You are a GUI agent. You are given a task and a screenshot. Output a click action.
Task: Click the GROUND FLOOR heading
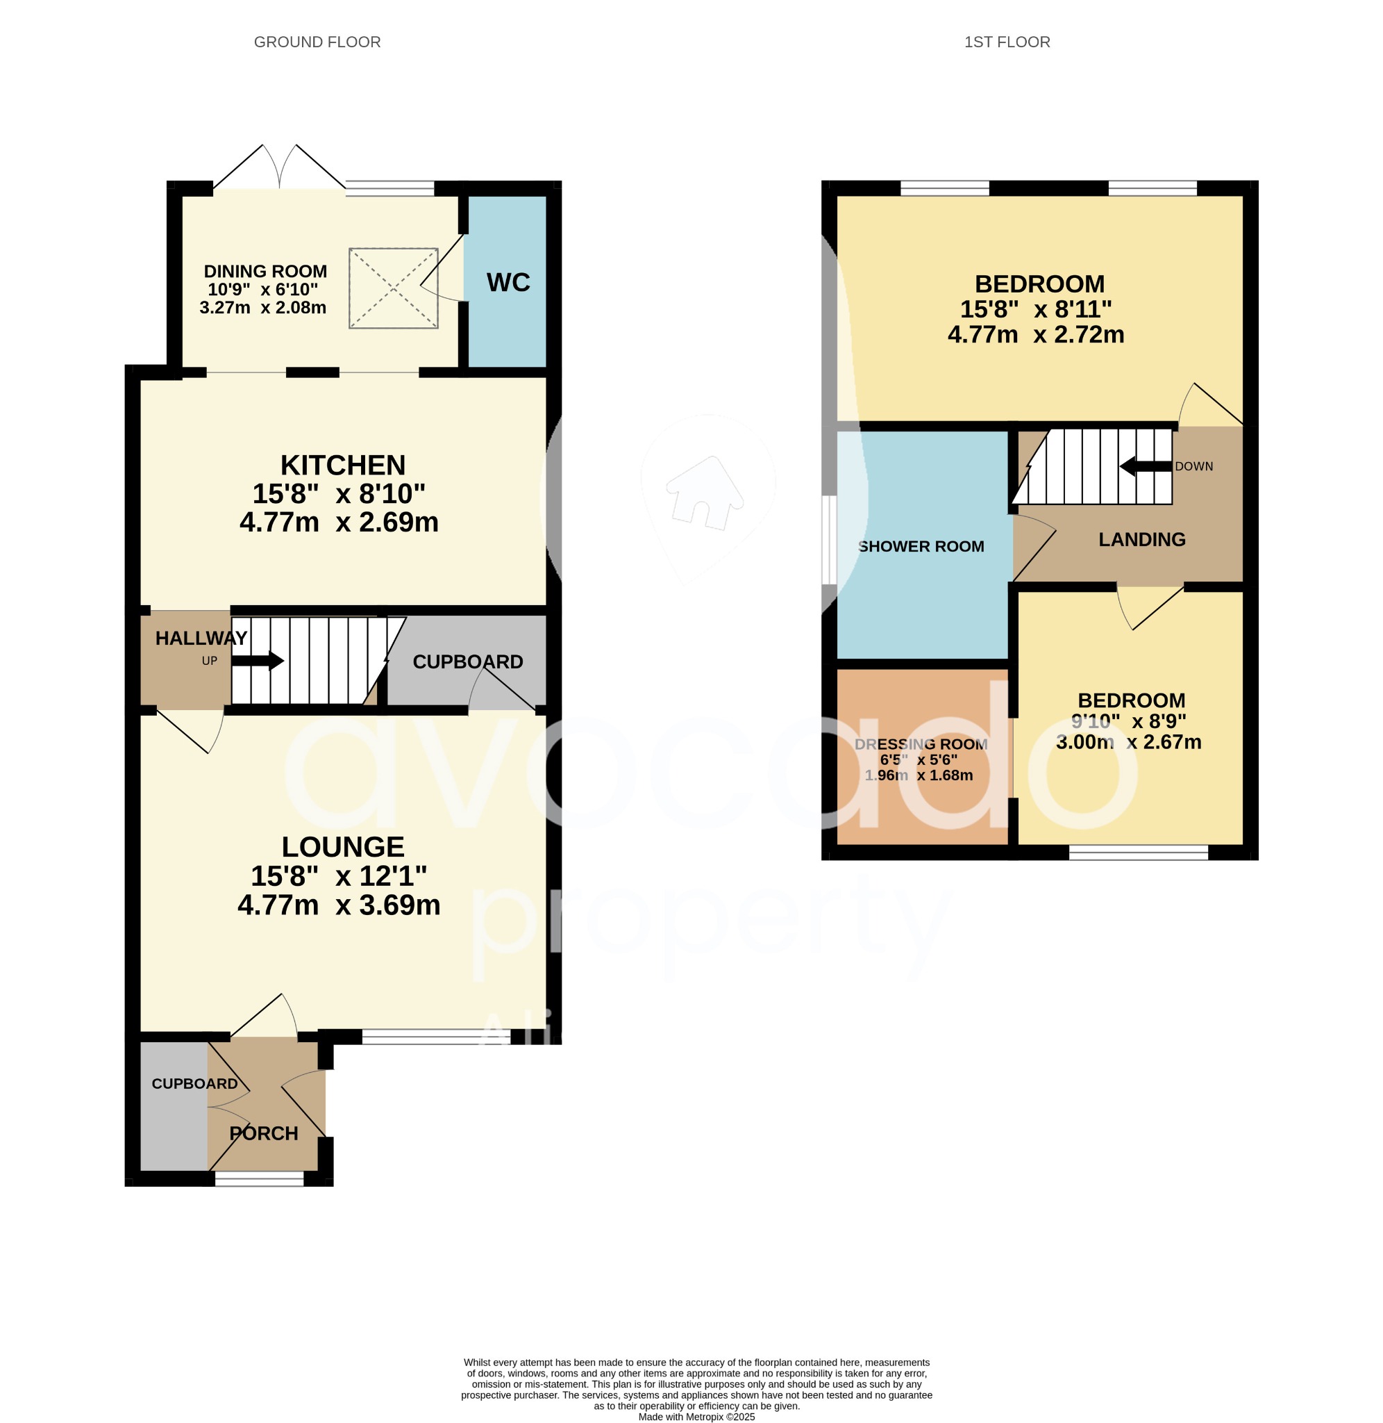coord(317,42)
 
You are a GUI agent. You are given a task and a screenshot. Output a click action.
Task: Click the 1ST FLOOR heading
coord(1006,42)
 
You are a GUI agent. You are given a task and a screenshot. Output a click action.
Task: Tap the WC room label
coord(508,282)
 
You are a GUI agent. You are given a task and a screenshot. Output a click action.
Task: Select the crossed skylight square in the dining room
coord(393,288)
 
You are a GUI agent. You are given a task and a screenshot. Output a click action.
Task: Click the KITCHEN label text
coord(343,465)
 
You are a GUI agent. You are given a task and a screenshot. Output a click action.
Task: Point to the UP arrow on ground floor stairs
coord(257,661)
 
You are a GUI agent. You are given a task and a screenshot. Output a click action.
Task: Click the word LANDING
coord(1141,539)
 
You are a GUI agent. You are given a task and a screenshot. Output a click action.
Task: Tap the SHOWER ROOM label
coord(921,546)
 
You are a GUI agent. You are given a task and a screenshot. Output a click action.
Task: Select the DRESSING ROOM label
coord(921,744)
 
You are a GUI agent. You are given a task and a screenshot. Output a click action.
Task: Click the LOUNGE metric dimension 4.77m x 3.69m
coord(340,905)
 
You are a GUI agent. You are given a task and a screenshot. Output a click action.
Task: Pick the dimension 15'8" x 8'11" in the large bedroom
coord(1035,309)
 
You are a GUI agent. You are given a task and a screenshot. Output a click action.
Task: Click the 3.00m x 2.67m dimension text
coord(1128,742)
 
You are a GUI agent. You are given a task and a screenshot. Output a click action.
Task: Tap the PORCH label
coord(264,1133)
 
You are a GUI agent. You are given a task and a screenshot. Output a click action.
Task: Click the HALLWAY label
coord(201,638)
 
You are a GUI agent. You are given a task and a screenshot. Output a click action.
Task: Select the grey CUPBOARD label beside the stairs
coord(467,661)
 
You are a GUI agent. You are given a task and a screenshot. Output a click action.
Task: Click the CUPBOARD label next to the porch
coord(194,1084)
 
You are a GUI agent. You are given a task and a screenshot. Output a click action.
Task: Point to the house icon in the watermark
coord(705,493)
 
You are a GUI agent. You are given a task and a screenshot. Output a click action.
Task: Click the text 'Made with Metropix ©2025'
coord(696,1417)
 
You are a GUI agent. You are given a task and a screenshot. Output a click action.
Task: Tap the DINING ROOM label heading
coord(265,271)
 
